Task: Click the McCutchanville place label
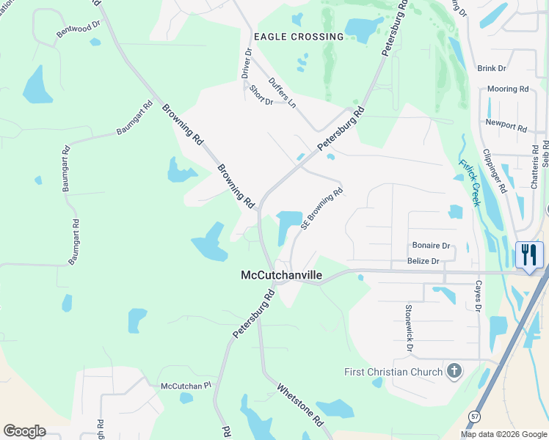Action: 282,275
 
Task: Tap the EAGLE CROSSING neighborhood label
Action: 298,37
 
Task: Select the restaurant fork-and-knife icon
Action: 529,255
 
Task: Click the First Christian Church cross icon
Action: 454,371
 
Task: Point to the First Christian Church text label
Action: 393,372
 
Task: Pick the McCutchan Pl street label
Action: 186,385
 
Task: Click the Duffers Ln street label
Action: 282,93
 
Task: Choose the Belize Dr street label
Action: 423,261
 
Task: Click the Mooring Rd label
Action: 508,89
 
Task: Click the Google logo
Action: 24,431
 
